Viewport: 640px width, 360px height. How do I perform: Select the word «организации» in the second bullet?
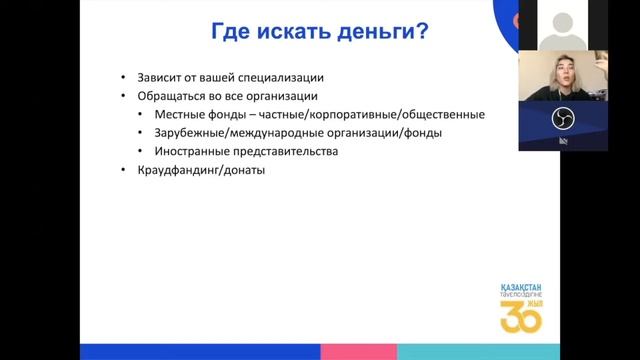click(x=282, y=96)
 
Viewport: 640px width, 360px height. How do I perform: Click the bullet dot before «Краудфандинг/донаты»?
click(x=124, y=171)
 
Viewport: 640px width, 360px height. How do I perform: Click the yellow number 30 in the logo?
click(x=520, y=316)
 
